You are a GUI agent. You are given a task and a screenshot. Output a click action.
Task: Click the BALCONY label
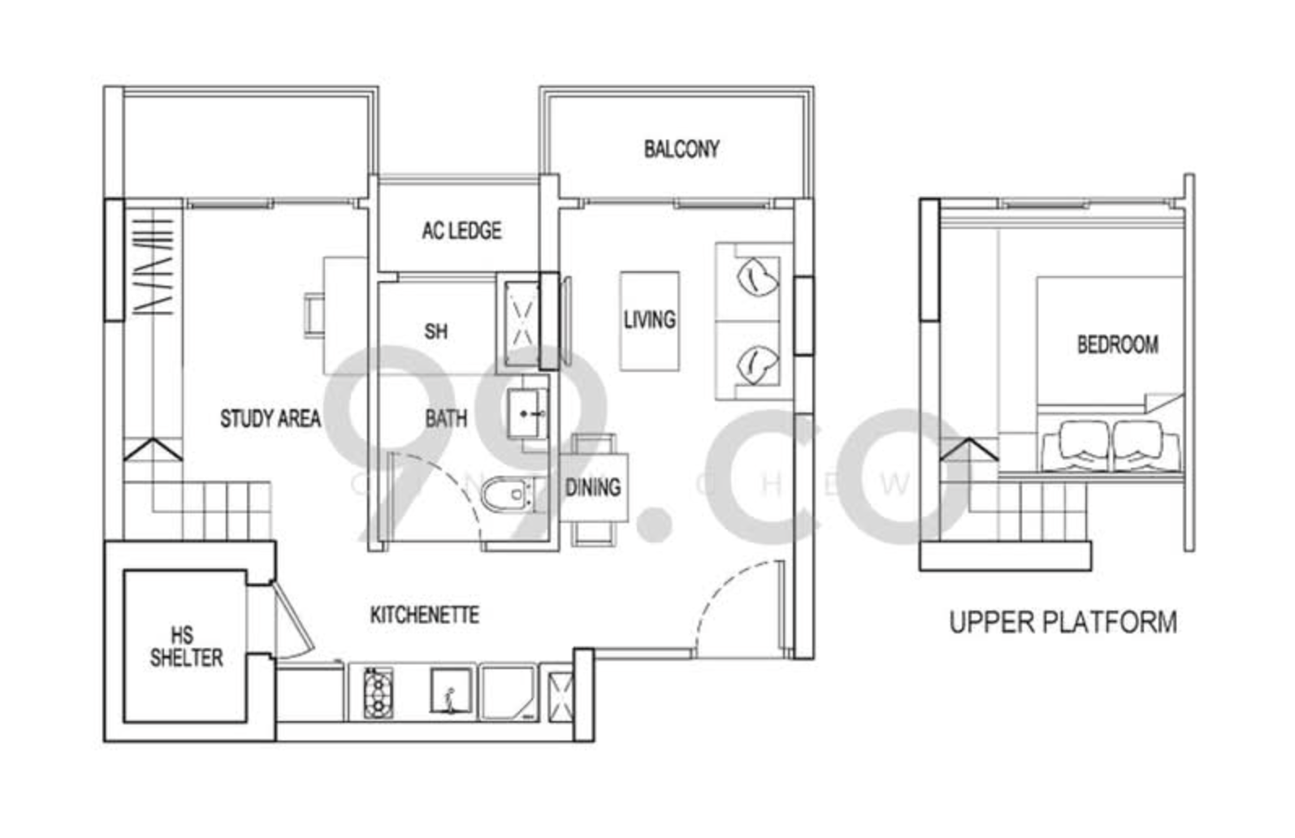(x=682, y=149)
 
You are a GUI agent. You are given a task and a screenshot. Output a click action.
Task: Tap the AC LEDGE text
(x=461, y=231)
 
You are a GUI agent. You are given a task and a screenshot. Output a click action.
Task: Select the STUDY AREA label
(x=271, y=418)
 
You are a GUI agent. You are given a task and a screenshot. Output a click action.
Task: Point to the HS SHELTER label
(x=186, y=646)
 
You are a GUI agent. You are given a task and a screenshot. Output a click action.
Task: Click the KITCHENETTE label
(x=425, y=615)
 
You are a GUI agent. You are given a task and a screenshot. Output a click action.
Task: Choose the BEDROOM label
(x=1118, y=345)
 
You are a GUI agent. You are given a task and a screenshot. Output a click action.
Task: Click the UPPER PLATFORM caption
(x=1063, y=623)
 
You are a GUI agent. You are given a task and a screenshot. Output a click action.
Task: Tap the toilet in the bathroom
(x=508, y=495)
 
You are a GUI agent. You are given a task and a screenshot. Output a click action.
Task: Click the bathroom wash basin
(x=527, y=413)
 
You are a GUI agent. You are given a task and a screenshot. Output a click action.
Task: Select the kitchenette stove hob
(x=378, y=693)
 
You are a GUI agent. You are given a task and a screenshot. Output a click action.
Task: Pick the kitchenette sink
(x=450, y=691)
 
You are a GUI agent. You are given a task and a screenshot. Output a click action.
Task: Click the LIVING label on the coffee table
(x=649, y=320)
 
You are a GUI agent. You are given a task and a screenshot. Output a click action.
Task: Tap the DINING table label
(x=593, y=488)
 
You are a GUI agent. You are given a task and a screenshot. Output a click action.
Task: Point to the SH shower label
(x=436, y=332)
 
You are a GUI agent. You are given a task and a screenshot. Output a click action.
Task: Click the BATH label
(x=446, y=418)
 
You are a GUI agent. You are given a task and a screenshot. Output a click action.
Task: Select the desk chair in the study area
(x=314, y=315)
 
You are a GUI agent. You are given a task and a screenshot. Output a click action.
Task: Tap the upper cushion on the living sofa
(x=757, y=277)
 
